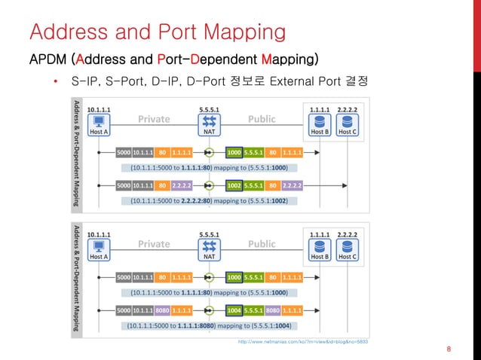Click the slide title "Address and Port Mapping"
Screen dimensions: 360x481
pyautogui.click(x=157, y=32)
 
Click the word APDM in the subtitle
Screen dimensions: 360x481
pyautogui.click(x=47, y=59)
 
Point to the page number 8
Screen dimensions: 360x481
pyautogui.click(x=449, y=349)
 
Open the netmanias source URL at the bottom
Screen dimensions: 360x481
pyautogui.click(x=302, y=342)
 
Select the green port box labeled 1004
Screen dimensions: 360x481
pyautogui.click(x=234, y=310)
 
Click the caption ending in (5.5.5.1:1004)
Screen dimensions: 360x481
pyautogui.click(x=209, y=325)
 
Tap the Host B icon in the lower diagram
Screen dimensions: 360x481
pyautogui.click(x=320, y=246)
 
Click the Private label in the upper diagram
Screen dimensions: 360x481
pyautogui.click(x=154, y=119)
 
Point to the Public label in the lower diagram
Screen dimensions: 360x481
pyautogui.click(x=262, y=243)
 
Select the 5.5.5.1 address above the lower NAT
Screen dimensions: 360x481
pyautogui.click(x=210, y=233)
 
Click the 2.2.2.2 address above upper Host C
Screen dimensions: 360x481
pyautogui.click(x=348, y=109)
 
